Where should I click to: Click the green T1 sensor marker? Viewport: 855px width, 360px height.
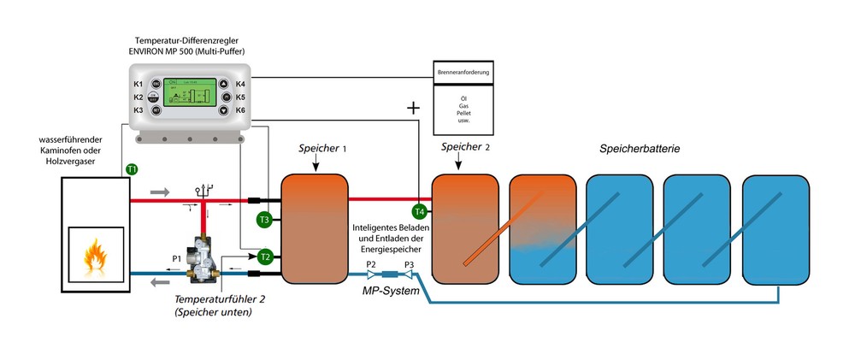point(132,169)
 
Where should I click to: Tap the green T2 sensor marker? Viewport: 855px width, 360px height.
point(265,257)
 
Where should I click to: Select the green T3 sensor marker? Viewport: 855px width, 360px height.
point(264,221)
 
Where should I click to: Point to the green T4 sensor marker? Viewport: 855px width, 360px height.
point(419,211)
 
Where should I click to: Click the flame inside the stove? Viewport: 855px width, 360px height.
point(92,254)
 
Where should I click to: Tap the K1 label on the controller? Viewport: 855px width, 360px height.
point(138,84)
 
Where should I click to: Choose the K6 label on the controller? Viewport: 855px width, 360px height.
point(240,110)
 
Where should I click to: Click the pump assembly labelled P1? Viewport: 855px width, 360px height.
point(204,256)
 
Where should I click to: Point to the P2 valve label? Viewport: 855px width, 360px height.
point(371,264)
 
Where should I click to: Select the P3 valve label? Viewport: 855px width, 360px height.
point(409,264)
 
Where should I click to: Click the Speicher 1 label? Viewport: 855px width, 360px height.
point(322,148)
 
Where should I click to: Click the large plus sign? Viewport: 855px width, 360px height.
point(415,109)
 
